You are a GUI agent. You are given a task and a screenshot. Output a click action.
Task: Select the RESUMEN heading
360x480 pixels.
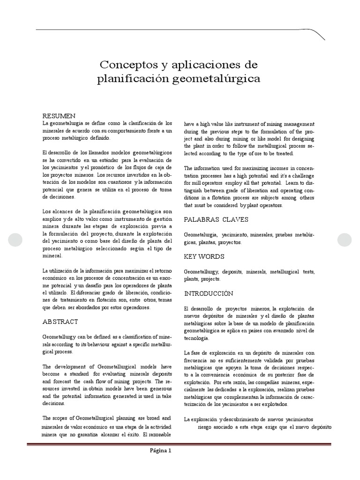[x=60, y=116]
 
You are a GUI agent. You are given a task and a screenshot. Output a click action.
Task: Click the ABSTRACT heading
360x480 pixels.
[x=60, y=322]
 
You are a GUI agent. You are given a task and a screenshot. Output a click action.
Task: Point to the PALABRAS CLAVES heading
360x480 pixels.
[x=216, y=219]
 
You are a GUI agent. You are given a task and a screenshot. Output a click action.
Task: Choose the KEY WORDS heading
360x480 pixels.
[x=204, y=256]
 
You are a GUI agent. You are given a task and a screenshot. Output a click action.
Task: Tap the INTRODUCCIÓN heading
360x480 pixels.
[x=209, y=293]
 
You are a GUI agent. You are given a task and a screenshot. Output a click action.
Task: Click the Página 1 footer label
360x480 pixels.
[x=160, y=451]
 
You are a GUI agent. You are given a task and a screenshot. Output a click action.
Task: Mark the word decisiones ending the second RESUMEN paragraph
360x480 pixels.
[x=55, y=197]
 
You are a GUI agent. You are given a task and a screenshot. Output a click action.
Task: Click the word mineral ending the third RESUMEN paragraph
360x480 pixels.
[x=52, y=256]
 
